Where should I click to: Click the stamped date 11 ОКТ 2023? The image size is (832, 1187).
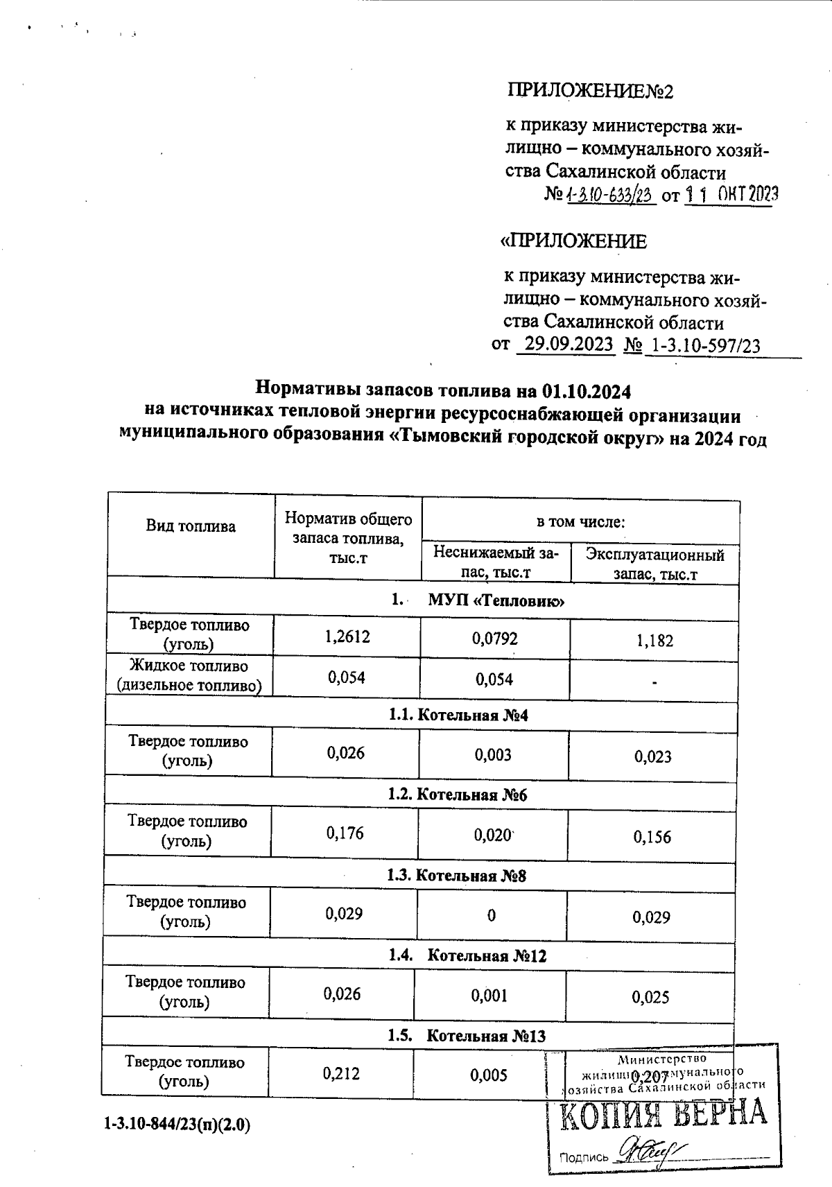pos(731,195)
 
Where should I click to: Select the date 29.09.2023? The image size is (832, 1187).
pos(566,345)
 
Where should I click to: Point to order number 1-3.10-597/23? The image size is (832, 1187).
pos(702,345)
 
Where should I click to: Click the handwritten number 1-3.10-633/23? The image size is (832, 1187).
pos(611,195)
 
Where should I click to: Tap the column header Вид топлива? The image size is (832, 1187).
pos(191,526)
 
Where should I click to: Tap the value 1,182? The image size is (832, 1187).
pos(655,641)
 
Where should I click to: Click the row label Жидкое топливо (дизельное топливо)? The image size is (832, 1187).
pos(189,676)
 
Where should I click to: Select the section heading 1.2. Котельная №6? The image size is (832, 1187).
pos(458,795)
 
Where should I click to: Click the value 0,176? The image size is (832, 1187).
pos(345,833)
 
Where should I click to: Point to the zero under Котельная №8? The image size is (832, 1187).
pos(492,916)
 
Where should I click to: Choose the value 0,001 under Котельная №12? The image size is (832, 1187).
pos(489,996)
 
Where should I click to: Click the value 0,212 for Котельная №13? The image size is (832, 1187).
pos(341,1074)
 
